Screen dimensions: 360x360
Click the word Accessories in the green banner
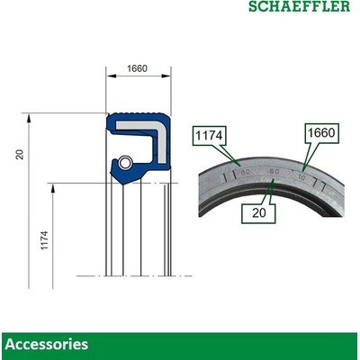coord(47,344)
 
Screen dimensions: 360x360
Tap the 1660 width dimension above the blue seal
coord(138,67)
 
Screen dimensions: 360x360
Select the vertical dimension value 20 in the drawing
coord(19,154)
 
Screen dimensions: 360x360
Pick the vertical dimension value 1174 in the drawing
coord(44,240)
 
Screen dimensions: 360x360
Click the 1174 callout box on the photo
coord(208,136)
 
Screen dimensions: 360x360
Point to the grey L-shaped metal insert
coord(153,131)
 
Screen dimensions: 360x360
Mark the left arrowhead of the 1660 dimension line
coord(109,77)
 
